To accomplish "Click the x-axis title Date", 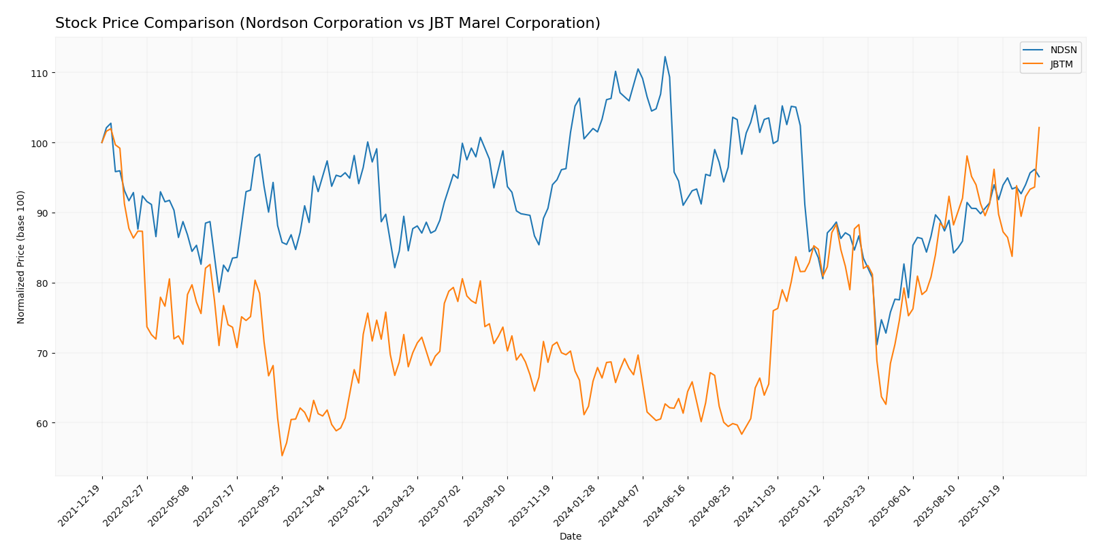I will (570, 537).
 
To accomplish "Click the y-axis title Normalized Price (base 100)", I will (21, 257).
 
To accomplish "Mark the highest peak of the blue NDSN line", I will (665, 57).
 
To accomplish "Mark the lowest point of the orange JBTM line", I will (282, 456).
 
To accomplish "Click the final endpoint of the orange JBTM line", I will (1039, 127).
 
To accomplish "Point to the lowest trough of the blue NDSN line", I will (876, 345).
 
